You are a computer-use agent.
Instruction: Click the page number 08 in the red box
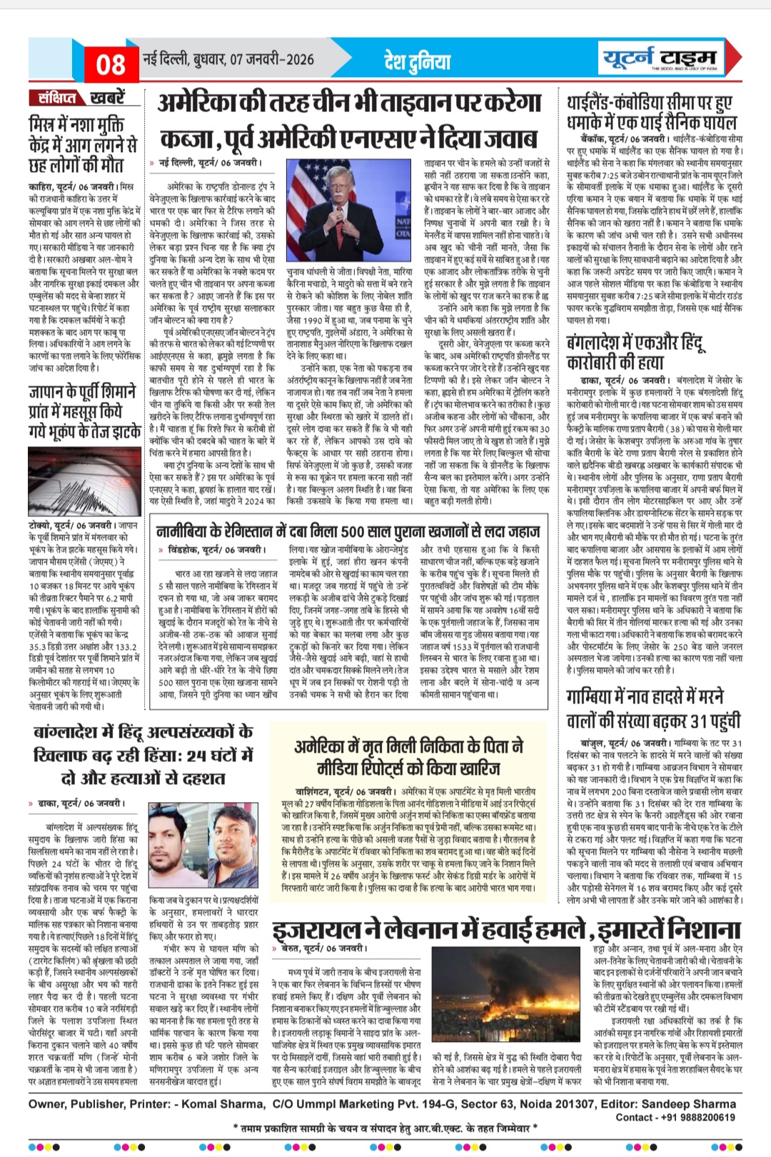pyautogui.click(x=111, y=65)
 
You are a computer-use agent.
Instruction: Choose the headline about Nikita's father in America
pyautogui.click(x=408, y=758)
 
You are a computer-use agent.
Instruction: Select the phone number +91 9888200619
pyautogui.click(x=697, y=1117)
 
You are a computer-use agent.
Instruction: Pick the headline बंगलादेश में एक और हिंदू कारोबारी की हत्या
pyautogui.click(x=635, y=352)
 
